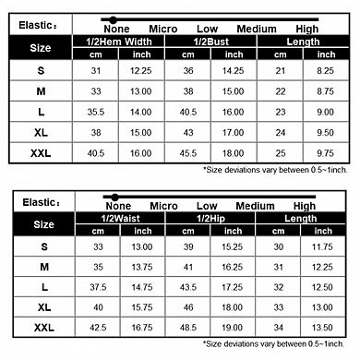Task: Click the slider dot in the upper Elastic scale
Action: [x=113, y=18]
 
